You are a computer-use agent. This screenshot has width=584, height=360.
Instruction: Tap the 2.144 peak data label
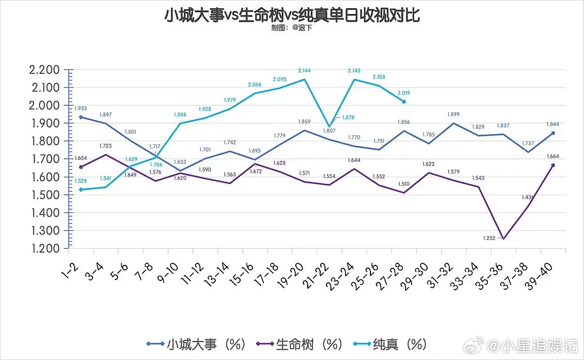[x=305, y=71]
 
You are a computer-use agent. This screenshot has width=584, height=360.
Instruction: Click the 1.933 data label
[x=82, y=109]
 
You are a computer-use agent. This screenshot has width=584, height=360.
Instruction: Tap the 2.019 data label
[x=403, y=92]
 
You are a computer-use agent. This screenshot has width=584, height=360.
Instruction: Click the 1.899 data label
[x=453, y=114]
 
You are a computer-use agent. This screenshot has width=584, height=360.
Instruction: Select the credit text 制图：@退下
[x=291, y=28]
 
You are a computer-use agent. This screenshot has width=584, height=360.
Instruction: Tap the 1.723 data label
[x=106, y=146]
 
